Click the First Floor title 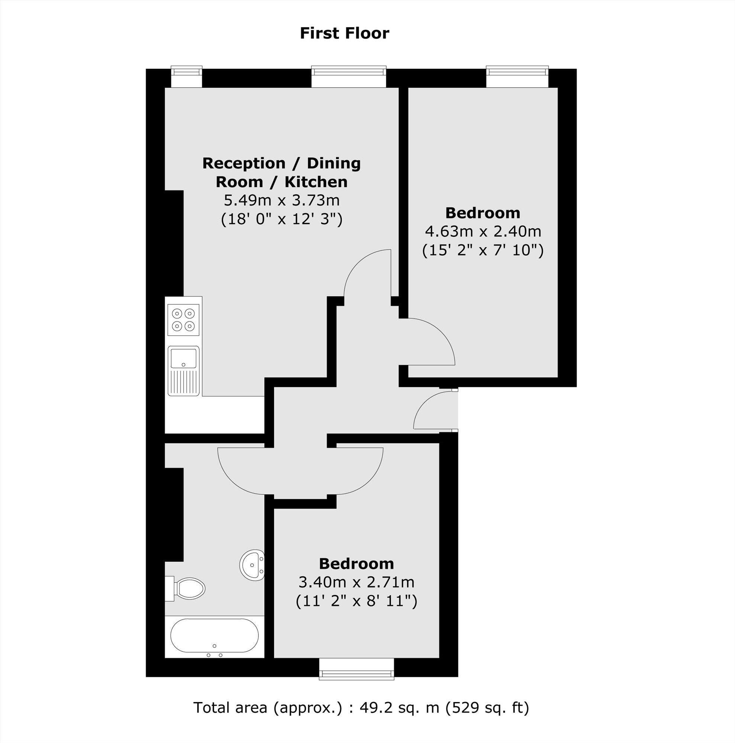tap(344, 33)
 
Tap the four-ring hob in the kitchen tap(183, 320)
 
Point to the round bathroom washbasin tap(252, 565)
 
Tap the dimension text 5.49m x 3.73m tap(281, 200)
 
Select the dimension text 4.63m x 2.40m tap(483, 232)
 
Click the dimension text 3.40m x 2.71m tap(357, 582)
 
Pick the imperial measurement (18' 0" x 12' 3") tap(281, 219)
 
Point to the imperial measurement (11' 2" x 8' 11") tap(357, 601)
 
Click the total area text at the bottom tap(361, 707)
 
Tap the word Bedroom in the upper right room tap(483, 213)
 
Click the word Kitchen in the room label tap(316, 182)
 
